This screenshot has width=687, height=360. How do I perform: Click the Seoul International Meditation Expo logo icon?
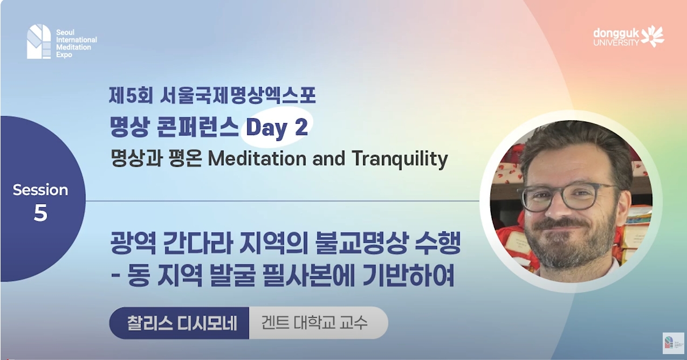click(38, 41)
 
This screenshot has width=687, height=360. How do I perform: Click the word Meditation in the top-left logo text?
click(73, 47)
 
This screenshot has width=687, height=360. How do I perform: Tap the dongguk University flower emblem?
click(653, 36)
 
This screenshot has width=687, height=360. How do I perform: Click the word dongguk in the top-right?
click(616, 33)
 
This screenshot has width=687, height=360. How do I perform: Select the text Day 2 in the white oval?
click(277, 128)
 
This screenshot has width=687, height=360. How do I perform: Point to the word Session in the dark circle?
click(40, 190)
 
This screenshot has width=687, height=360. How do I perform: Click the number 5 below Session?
click(40, 214)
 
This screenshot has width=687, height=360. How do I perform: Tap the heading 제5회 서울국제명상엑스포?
click(211, 96)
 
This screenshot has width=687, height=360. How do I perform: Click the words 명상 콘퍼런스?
click(175, 128)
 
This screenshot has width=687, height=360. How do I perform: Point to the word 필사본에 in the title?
click(332, 278)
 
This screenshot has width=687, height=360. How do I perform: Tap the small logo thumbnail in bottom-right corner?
click(673, 343)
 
